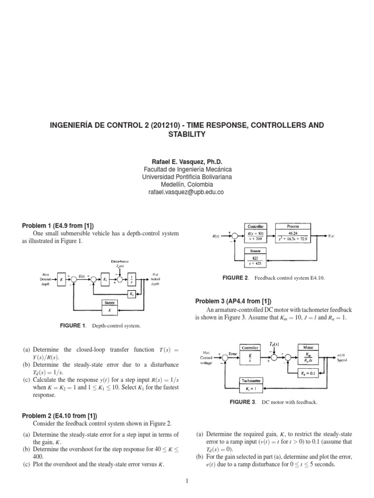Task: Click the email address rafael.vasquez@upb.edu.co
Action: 187,193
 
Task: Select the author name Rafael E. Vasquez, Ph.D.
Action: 187,161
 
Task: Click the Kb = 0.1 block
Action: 309,373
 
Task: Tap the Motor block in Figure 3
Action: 308,356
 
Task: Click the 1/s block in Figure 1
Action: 131,280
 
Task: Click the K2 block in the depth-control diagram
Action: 131,294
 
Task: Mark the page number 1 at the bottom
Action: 187,481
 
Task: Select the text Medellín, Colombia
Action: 187,185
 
